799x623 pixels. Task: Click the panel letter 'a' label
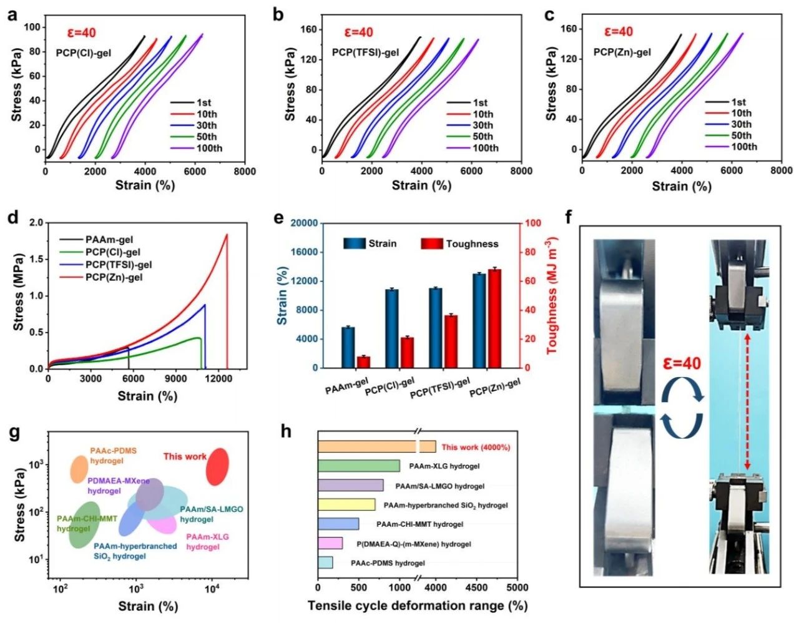point(12,14)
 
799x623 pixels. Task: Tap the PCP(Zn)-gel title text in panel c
point(622,52)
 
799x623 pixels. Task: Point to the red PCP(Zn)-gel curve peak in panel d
point(226,235)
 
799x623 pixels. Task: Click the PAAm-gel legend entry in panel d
point(109,240)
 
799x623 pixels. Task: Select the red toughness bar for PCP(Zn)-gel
point(494,318)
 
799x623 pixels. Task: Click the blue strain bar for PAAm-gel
point(348,347)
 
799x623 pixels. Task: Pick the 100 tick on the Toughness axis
point(532,223)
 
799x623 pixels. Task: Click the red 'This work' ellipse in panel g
point(217,466)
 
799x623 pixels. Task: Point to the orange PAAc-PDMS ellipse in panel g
point(79,469)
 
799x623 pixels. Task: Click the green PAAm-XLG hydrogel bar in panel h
point(358,466)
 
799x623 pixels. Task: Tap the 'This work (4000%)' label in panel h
point(476,447)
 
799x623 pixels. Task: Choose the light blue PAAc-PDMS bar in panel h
point(325,562)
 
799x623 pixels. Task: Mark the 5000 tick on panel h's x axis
point(516,587)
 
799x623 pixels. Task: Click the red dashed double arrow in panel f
point(747,401)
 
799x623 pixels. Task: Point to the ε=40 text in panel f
point(682,363)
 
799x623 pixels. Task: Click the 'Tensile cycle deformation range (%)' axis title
point(417,606)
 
